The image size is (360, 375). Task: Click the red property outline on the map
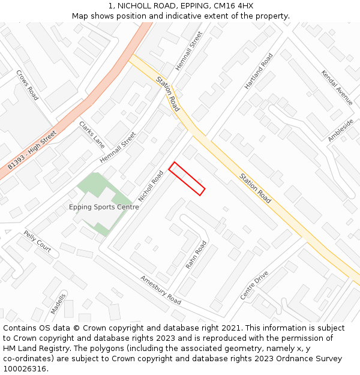187,178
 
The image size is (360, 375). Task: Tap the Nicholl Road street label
151,186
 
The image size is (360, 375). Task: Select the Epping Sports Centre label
104,207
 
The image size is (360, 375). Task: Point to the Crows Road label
27,85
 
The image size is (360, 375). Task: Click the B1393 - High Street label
32,149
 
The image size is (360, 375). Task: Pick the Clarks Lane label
92,134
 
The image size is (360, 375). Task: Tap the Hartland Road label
259,71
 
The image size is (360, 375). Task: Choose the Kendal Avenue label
337,88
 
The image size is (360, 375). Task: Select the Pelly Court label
37,241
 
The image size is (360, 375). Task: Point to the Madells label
58,304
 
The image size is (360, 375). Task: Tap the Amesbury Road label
160,290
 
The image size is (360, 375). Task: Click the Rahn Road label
196,254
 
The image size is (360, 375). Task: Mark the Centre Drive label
254,286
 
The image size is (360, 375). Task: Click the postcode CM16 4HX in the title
234,5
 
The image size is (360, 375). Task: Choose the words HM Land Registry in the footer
30,349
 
